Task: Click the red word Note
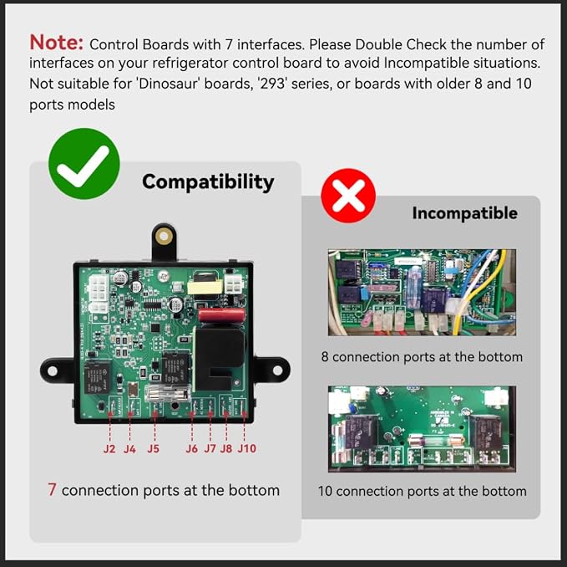point(57,43)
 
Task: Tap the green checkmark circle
point(84,163)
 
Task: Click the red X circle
point(348,196)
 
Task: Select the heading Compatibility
point(208,181)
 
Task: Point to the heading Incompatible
point(464,213)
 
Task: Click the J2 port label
point(109,449)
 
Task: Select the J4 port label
point(129,449)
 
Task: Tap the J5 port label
point(154,449)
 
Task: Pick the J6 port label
point(192,449)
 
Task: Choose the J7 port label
point(210,449)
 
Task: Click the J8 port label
point(226,449)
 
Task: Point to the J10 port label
point(247,449)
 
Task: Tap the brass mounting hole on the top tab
point(164,237)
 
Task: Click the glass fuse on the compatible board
point(167,394)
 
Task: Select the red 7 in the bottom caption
point(52,489)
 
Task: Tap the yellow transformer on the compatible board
point(205,286)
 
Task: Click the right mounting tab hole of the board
point(277,370)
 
